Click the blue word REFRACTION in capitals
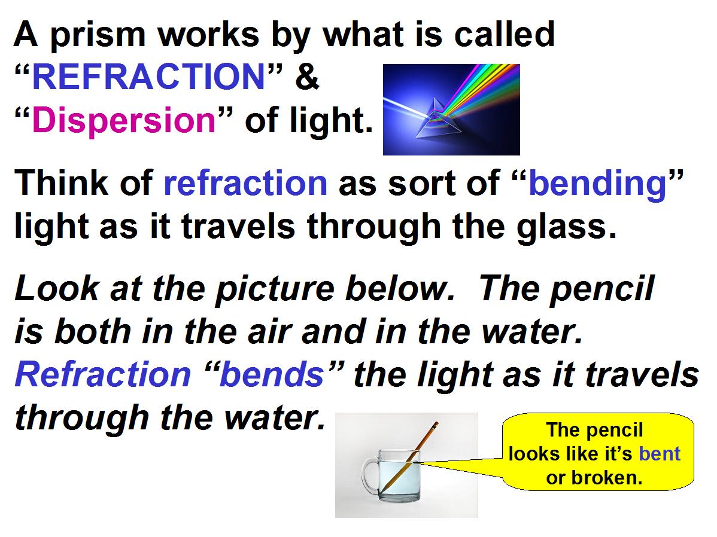(x=148, y=77)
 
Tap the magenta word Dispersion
(x=123, y=120)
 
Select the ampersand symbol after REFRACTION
(x=307, y=77)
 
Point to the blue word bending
(x=597, y=184)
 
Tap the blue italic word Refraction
(x=103, y=374)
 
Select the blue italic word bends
(x=272, y=374)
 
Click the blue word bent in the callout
(x=660, y=454)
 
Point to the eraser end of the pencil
(x=436, y=423)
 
